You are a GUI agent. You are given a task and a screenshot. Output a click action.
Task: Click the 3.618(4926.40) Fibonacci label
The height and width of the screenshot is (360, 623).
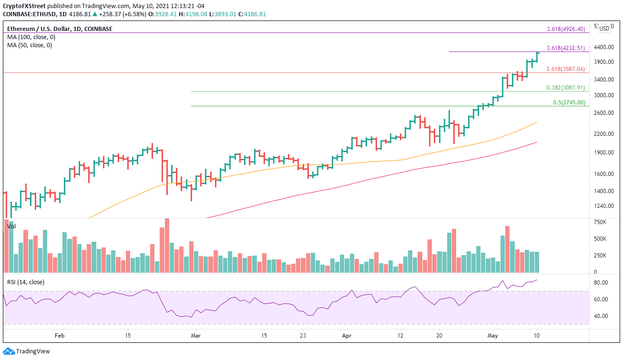pyautogui.click(x=565, y=29)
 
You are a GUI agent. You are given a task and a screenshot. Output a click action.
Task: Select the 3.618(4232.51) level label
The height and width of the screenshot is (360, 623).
pyautogui.click(x=565, y=48)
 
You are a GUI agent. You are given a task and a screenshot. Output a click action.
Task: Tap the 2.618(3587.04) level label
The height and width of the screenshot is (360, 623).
pyautogui.click(x=565, y=69)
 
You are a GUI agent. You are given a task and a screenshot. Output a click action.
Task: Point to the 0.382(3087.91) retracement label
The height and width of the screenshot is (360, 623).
pyautogui.click(x=565, y=88)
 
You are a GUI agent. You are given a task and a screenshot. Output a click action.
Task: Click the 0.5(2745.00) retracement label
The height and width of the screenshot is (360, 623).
pyautogui.click(x=568, y=103)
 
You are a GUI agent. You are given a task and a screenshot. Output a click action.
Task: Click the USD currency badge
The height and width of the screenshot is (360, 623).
pyautogui.click(x=604, y=28)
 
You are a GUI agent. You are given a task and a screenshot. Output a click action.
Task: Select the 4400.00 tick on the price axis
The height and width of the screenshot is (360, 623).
pyautogui.click(x=603, y=47)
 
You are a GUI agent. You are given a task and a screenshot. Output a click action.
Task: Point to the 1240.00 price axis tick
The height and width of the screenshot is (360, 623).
pyautogui.click(x=603, y=206)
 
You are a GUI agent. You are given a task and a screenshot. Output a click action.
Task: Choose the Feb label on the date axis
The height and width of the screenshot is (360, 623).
pyautogui.click(x=60, y=336)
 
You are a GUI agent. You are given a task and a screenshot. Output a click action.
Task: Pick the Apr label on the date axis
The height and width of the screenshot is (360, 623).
pyautogui.click(x=347, y=336)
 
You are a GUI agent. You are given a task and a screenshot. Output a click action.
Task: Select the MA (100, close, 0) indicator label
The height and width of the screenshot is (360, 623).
pyautogui.click(x=30, y=37)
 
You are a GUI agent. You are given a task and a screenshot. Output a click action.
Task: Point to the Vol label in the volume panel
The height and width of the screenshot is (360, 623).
pyautogui.click(x=11, y=226)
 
